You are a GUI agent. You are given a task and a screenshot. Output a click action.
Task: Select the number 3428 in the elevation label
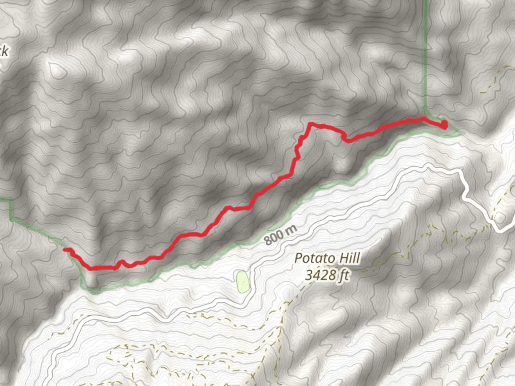tap(321, 275)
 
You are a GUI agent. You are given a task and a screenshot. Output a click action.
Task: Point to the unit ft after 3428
tap(343, 275)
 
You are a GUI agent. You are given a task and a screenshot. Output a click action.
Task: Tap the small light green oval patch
tap(242, 282)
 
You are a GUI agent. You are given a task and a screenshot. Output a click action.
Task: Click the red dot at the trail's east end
tap(444, 125)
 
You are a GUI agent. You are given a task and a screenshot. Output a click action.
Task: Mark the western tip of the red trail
tap(65, 249)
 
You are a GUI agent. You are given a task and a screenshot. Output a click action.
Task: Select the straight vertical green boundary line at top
tap(425, 54)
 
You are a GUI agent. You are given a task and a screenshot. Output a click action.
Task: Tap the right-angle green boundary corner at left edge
tap(11, 201)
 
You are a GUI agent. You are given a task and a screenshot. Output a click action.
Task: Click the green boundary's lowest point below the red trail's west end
tap(94, 292)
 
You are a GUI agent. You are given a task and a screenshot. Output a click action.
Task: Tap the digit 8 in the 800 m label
tap(269, 241)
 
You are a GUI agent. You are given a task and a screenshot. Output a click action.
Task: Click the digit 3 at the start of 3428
tap(309, 275)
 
